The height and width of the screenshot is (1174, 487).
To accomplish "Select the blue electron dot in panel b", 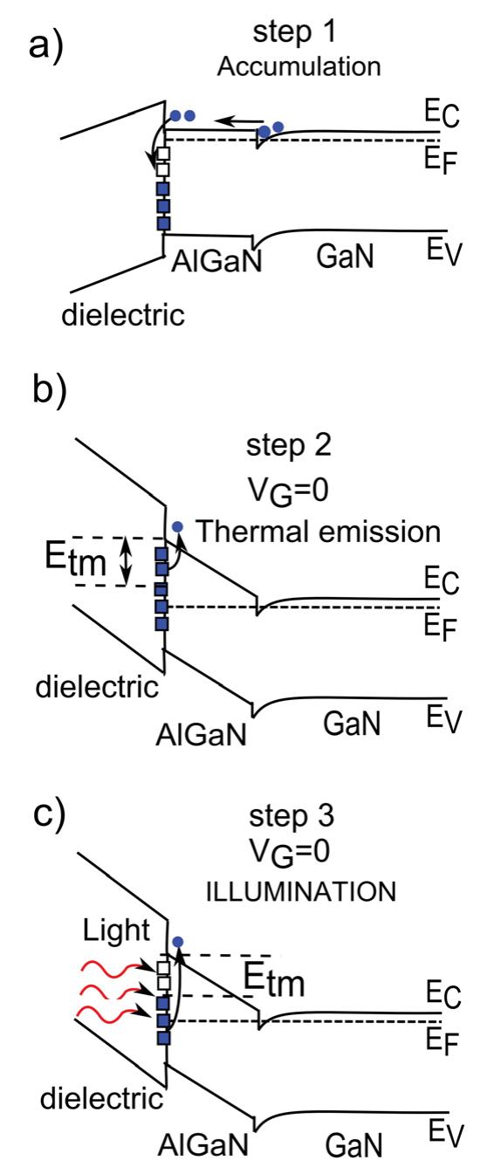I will point(179,526).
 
